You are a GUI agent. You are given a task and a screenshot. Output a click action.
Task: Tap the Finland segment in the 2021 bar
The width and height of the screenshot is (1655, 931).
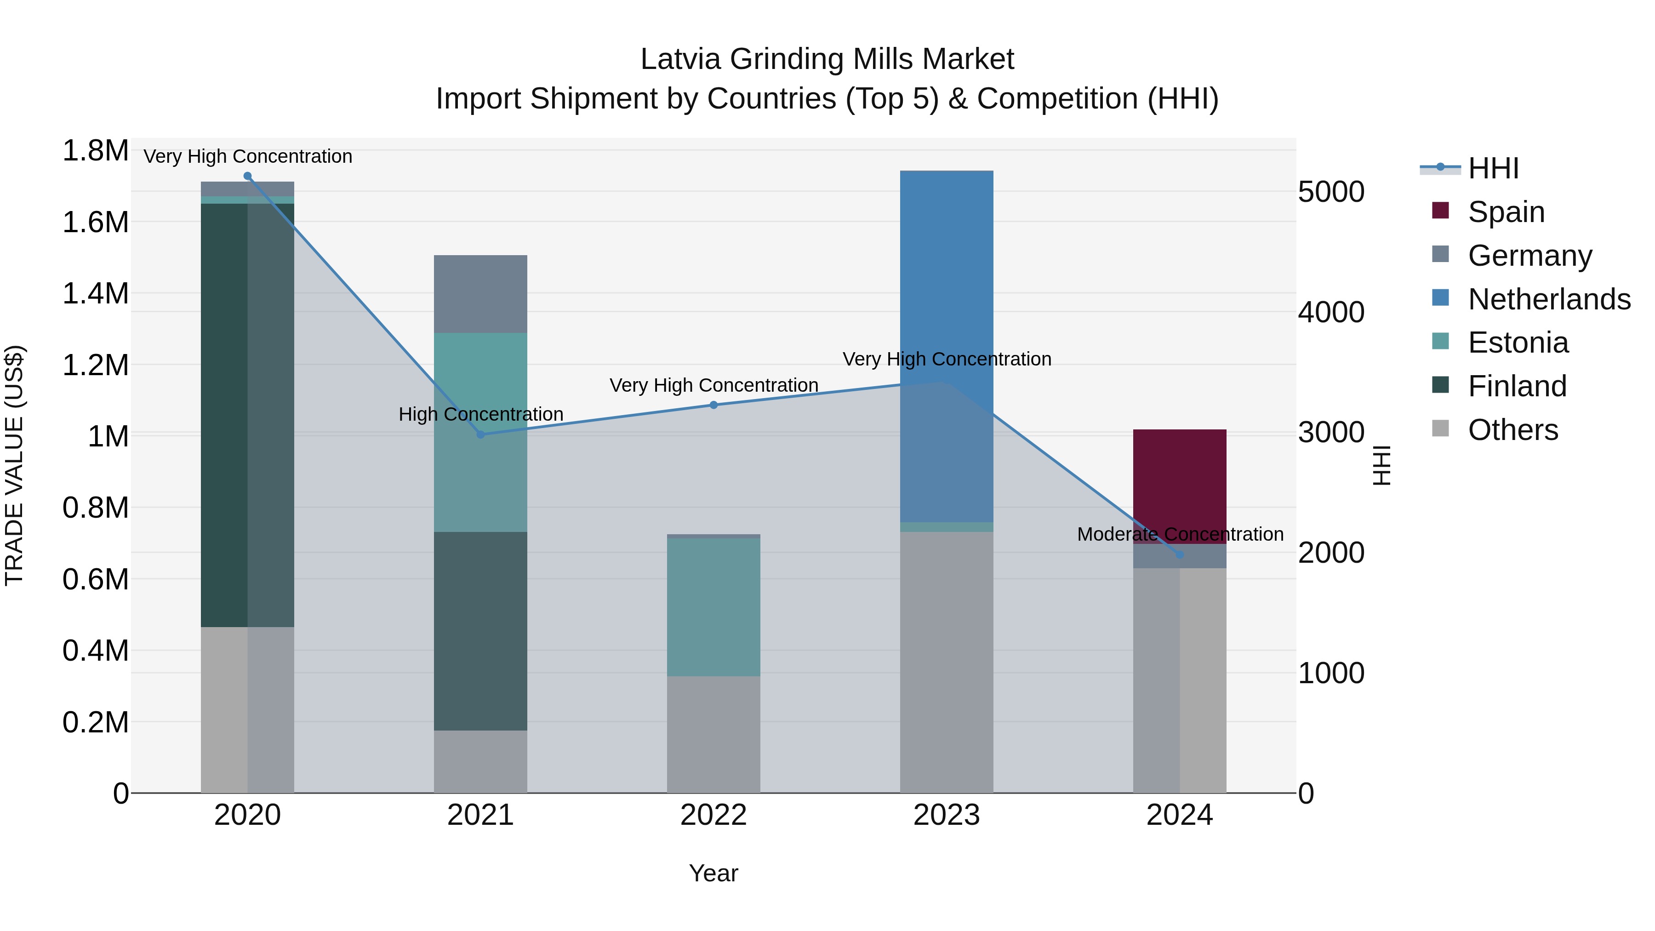480,630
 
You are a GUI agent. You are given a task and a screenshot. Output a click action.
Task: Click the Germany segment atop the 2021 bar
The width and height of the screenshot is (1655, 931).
480,294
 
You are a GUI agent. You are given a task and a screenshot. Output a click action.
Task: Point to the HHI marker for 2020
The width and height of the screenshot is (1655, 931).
247,176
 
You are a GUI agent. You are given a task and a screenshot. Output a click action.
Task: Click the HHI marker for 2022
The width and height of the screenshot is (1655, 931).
713,405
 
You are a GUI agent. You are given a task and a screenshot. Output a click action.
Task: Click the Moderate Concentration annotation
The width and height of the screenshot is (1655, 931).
1180,534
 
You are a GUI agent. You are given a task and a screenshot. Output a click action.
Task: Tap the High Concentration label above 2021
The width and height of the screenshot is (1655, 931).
480,414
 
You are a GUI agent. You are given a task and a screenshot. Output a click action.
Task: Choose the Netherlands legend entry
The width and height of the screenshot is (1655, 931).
1548,299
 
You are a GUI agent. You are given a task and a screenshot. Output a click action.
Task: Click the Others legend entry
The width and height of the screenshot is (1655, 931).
1512,430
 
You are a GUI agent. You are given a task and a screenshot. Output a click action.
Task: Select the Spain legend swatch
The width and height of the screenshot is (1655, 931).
1440,211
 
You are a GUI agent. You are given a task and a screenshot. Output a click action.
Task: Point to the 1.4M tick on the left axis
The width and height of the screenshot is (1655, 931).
95,294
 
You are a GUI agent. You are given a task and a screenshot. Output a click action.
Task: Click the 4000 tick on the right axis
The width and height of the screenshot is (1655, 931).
1330,312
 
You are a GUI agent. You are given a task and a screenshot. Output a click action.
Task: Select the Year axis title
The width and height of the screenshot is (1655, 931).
713,873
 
